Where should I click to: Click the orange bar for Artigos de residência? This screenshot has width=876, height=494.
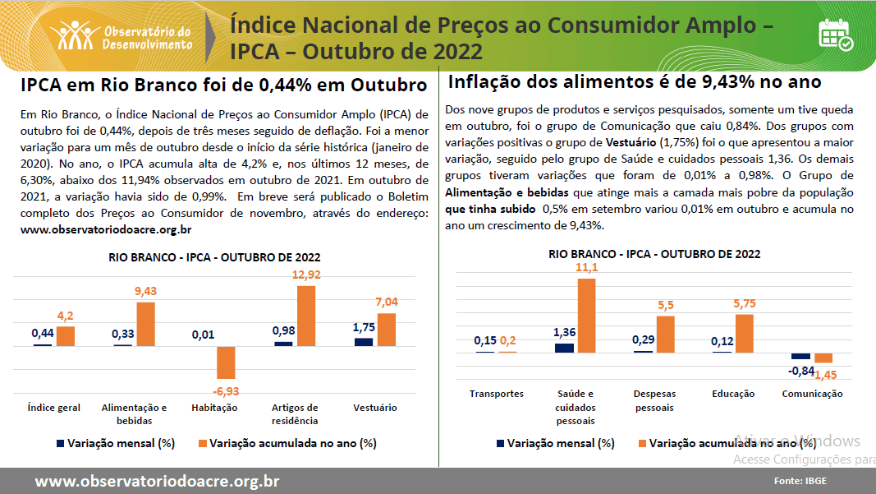tap(305, 316)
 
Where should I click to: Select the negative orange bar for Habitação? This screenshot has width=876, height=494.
tap(226, 362)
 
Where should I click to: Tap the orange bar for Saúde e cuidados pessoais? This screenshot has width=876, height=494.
tap(586, 316)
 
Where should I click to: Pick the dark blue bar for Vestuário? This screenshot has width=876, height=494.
tap(364, 341)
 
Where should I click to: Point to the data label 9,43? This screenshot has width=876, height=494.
tap(146, 291)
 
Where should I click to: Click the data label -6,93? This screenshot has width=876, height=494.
tap(226, 391)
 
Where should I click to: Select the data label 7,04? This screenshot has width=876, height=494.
tap(386, 302)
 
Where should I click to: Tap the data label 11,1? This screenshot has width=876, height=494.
tap(586, 268)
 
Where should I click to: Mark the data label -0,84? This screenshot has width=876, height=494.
tap(800, 371)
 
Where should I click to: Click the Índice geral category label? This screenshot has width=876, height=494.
tap(54, 408)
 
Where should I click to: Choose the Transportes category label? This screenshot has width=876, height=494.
tap(497, 394)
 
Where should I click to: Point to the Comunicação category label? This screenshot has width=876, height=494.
tap(812, 394)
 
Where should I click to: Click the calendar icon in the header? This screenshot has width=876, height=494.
tap(835, 34)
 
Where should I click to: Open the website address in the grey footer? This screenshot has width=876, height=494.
tap(157, 481)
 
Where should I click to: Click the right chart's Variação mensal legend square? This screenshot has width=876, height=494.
tap(499, 443)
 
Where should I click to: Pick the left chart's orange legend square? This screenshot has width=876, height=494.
tap(201, 443)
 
